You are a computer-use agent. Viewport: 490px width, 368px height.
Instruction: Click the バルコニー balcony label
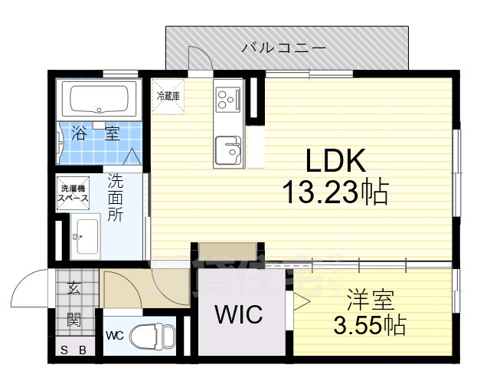284,48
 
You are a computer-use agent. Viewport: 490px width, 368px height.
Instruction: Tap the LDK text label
338,161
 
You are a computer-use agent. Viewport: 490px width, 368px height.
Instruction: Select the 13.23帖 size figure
337,192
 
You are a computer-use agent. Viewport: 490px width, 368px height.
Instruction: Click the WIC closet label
238,314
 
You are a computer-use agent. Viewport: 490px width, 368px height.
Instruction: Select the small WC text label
114,335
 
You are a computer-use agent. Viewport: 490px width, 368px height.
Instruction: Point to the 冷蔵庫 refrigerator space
168,97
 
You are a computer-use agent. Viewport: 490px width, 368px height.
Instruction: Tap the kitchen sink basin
227,149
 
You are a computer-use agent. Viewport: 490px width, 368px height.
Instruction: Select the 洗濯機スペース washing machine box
74,193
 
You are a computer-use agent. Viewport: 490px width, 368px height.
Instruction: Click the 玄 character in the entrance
73,288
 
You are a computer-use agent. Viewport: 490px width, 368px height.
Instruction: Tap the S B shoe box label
74,351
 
